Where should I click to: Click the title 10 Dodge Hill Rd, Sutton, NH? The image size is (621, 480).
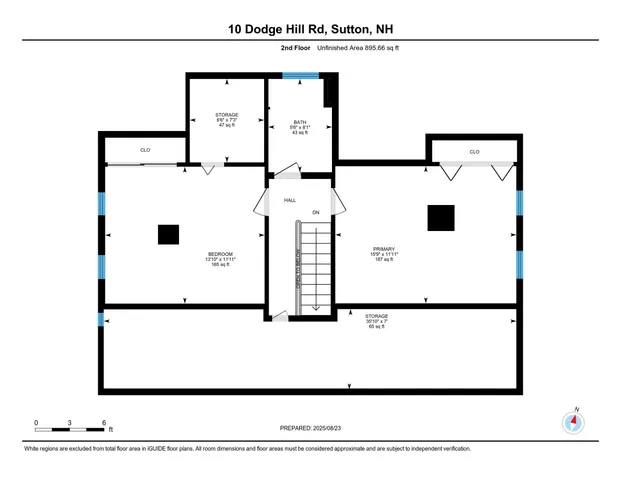(310, 29)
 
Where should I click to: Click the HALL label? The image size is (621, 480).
(290, 200)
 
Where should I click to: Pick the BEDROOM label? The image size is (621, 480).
(220, 254)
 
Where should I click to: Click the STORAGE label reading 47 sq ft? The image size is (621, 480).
(227, 115)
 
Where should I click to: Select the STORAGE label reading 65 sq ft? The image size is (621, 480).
(376, 316)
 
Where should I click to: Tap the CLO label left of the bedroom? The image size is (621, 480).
(145, 150)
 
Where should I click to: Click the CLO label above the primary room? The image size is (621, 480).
(474, 152)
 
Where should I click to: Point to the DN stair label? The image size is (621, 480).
(316, 212)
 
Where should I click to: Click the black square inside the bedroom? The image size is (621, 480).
(168, 234)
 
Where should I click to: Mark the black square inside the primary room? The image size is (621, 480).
(440, 217)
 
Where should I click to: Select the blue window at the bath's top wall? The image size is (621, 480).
(299, 74)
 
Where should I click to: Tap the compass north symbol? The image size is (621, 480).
(574, 421)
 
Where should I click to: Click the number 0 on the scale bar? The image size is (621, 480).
(37, 423)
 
